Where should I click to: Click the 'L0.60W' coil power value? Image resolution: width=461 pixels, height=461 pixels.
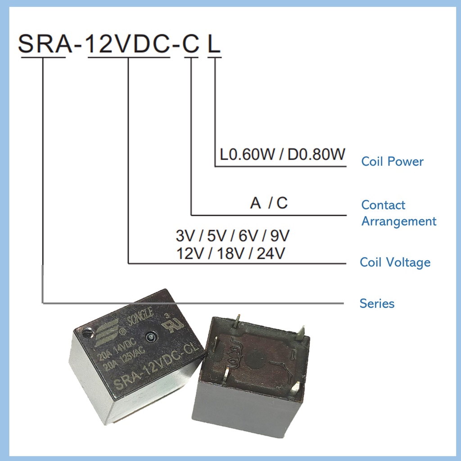(247, 155)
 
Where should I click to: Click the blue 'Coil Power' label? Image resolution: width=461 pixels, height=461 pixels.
(392, 162)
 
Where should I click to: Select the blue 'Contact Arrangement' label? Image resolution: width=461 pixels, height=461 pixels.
(398, 213)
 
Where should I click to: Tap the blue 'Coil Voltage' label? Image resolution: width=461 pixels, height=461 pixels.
(395, 262)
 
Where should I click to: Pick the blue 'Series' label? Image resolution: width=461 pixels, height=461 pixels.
(377, 303)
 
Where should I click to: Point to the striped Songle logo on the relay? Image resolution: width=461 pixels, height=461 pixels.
(106, 331)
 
